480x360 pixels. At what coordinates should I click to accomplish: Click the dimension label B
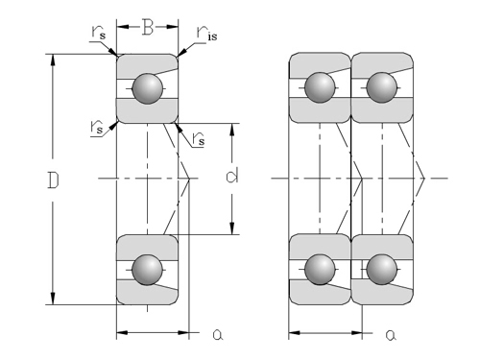pyautogui.click(x=148, y=27)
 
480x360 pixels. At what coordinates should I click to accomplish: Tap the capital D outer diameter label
pyautogui.click(x=53, y=180)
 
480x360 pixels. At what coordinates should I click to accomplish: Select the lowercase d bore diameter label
pyautogui.click(x=232, y=176)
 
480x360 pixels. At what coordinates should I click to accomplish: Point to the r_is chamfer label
pyautogui.click(x=206, y=34)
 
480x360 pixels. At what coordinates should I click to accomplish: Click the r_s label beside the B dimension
pyautogui.click(x=98, y=32)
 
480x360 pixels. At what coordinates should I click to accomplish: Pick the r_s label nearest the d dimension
pyautogui.click(x=198, y=138)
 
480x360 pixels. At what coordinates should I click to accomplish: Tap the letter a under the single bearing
pyautogui.click(x=218, y=335)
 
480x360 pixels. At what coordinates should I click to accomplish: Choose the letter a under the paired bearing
pyautogui.click(x=391, y=335)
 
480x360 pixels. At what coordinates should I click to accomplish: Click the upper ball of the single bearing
pyautogui.click(x=147, y=88)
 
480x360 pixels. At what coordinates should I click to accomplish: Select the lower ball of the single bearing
pyautogui.click(x=147, y=270)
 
